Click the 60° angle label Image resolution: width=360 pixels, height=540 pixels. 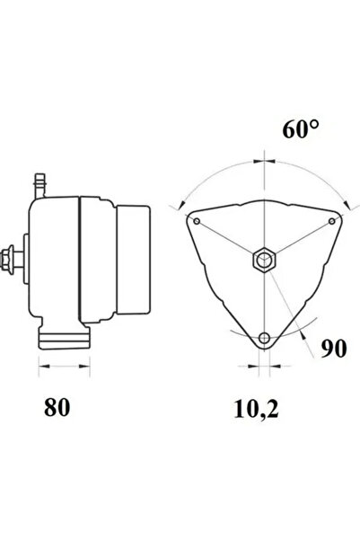[x=301, y=129]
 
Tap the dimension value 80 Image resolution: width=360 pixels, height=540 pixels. [x=57, y=407]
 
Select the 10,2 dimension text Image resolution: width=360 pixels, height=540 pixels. [x=257, y=410]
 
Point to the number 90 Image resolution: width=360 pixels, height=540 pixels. [x=334, y=349]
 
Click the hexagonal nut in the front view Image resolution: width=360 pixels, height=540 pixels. [x=264, y=260]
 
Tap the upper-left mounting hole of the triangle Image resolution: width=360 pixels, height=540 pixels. [x=197, y=221]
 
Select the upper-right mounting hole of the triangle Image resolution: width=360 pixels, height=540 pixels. [x=332, y=221]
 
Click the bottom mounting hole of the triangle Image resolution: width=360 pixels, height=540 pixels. [x=264, y=338]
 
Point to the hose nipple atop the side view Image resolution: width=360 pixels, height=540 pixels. [x=40, y=186]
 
